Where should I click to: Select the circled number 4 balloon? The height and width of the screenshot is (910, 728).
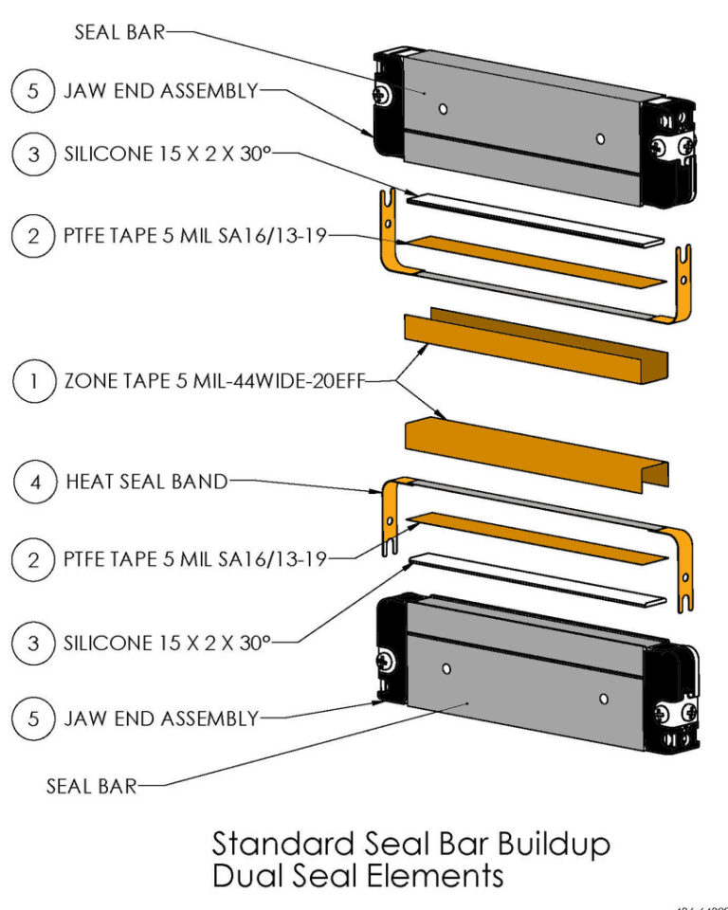click(x=34, y=482)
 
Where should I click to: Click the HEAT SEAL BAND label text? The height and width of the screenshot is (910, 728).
click(x=147, y=482)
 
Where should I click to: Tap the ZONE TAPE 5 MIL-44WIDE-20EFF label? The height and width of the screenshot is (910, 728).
click(x=214, y=383)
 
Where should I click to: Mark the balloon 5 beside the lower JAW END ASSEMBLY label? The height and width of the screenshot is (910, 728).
click(x=34, y=719)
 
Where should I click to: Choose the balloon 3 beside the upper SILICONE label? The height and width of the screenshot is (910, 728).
click(x=34, y=154)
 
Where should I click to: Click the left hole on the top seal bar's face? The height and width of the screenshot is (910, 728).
click(x=443, y=110)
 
